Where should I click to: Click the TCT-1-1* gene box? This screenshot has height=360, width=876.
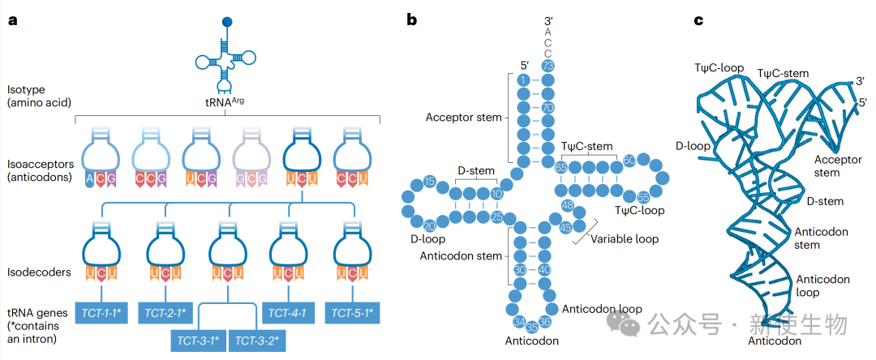click(x=103, y=312)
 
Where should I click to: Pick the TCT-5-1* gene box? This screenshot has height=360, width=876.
click(x=352, y=312)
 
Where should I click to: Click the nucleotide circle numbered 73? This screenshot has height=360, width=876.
click(x=547, y=65)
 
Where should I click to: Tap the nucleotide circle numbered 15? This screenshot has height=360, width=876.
click(x=430, y=181)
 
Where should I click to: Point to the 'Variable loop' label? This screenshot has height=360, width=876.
click(x=624, y=239)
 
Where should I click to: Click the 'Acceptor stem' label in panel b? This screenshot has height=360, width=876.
click(x=462, y=118)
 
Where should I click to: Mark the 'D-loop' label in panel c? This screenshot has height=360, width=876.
click(x=693, y=147)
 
